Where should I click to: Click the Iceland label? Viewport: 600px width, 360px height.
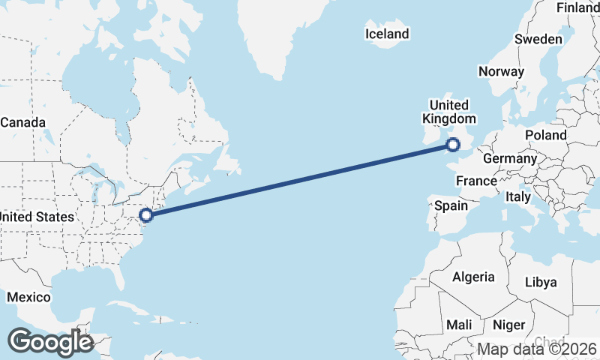[387, 34]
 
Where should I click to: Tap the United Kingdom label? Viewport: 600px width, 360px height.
[448, 112]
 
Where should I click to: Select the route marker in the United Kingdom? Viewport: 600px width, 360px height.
[454, 145]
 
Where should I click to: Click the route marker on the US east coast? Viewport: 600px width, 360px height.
[147, 215]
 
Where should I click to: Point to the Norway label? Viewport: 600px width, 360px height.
[501, 72]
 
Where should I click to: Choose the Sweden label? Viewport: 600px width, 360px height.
[538, 39]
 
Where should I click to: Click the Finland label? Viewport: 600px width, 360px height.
[577, 7]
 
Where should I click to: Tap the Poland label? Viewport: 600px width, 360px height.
[546, 135]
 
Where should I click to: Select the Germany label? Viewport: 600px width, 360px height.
[510, 159]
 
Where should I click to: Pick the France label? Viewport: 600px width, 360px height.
[476, 181]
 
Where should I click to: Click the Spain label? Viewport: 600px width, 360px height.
[451, 205]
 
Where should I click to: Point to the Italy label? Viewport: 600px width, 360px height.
[518, 197]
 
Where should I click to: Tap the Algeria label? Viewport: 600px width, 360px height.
[473, 277]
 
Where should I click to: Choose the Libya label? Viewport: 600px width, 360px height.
[541, 282]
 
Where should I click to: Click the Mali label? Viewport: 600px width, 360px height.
[459, 325]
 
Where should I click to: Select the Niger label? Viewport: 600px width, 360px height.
[508, 325]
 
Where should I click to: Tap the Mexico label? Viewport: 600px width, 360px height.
[28, 298]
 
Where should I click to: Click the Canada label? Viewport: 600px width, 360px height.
[22, 122]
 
